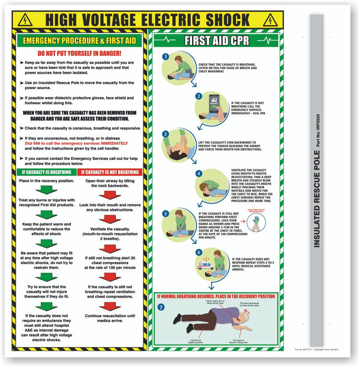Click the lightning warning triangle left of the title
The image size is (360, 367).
click(25, 20)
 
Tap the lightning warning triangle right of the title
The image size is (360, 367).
click(270, 20)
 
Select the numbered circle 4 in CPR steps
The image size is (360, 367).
click(199, 174)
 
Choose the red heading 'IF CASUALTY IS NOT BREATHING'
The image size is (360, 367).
click(110, 171)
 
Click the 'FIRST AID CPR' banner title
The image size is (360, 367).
click(215, 41)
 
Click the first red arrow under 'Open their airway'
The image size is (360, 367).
click(110, 195)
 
